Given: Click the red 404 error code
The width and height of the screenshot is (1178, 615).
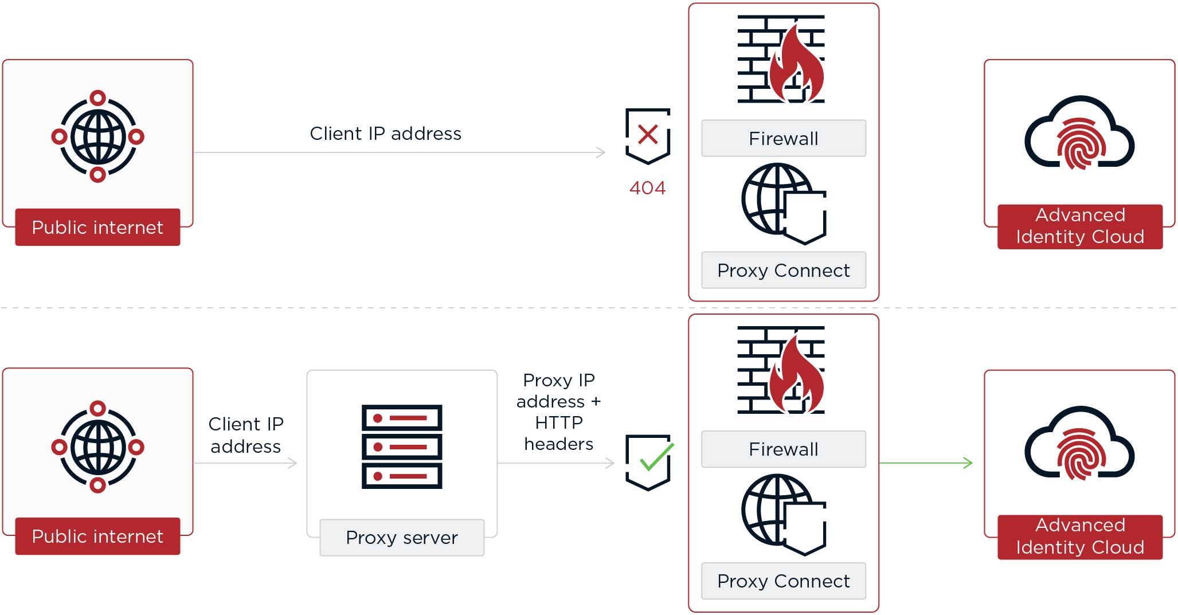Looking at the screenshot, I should point(647,188).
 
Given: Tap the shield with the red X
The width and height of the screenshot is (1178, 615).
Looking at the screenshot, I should point(648,136).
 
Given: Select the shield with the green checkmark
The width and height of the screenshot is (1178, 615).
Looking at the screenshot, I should point(648,462).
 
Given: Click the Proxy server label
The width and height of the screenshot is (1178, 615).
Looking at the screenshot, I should point(402,538).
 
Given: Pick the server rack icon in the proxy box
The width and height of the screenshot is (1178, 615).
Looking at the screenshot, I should point(402,446).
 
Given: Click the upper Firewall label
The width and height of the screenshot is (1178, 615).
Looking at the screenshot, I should point(783,139).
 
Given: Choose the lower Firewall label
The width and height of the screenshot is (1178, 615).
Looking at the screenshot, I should point(783,449).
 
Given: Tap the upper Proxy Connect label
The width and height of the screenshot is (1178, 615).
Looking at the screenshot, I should point(783,271).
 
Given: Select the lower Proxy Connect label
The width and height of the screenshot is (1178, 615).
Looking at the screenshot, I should point(783,581).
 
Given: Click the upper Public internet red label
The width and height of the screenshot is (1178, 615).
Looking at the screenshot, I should point(97,228).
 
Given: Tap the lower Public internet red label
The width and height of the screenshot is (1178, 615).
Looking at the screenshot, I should point(97,536).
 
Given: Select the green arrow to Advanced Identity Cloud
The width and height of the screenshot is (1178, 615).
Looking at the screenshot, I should point(925,463).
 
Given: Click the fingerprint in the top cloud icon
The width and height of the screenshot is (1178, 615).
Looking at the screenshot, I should point(1081,144).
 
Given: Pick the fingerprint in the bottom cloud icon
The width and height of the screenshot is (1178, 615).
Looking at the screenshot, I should point(1081,455).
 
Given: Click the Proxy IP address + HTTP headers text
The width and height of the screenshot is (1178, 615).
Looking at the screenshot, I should point(558,412).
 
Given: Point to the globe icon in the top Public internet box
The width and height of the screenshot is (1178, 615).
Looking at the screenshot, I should point(98,136).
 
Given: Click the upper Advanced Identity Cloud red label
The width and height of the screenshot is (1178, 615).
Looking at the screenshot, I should point(1079,226).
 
